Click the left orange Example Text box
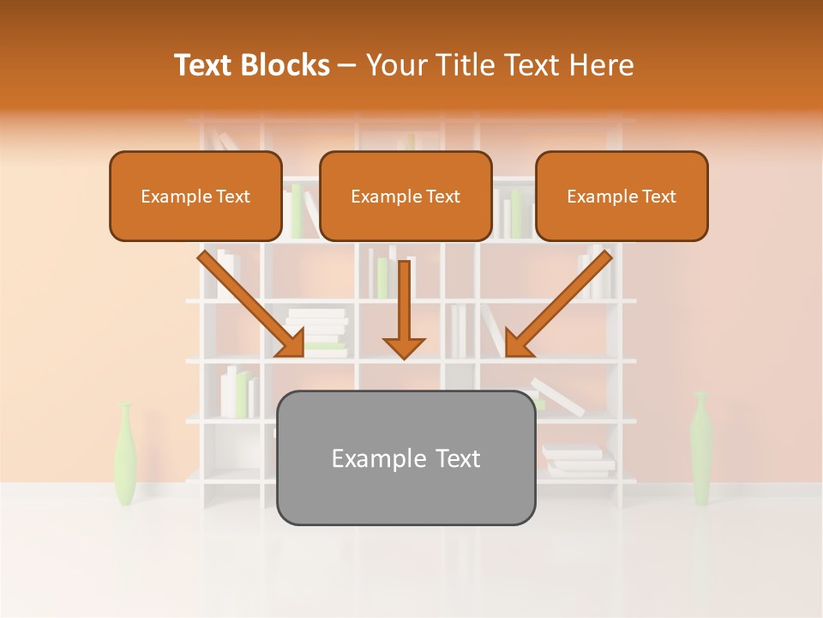(195, 196)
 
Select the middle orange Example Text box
(405, 196)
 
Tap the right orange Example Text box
(622, 196)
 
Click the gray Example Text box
(405, 457)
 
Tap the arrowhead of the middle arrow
(404, 347)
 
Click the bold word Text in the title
(204, 65)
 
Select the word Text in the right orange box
(658, 196)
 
